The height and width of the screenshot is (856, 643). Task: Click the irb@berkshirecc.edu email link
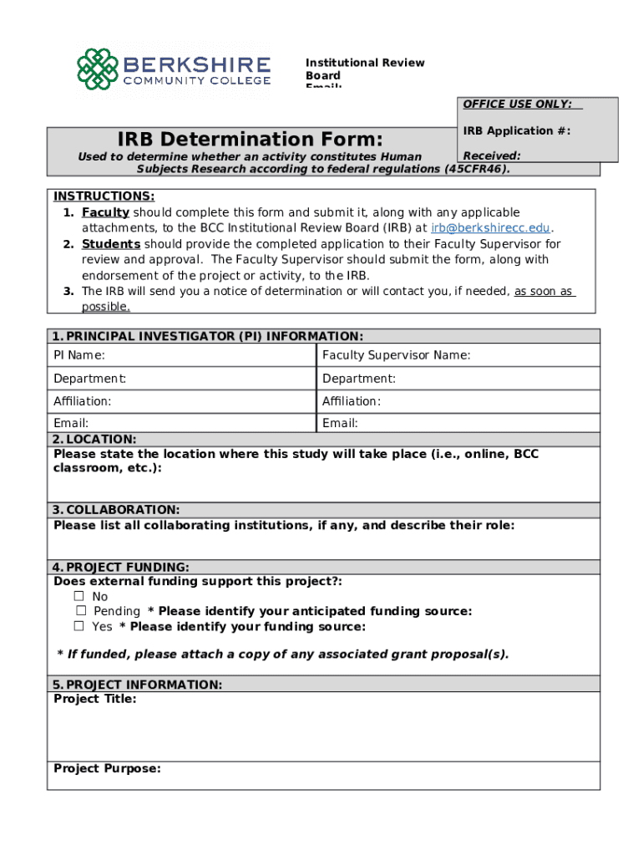(491, 227)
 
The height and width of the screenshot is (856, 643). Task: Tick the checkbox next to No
(79, 596)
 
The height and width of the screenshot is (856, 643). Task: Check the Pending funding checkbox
(81, 611)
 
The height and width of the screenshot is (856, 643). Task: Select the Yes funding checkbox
(79, 626)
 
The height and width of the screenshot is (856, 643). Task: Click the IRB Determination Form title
(250, 139)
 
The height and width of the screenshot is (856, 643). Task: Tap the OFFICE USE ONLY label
(518, 104)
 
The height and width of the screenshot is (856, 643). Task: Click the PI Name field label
(79, 355)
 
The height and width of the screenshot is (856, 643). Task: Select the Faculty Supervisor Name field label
(396, 355)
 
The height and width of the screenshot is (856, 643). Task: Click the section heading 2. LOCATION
(94, 439)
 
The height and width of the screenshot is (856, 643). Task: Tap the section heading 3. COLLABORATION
(116, 510)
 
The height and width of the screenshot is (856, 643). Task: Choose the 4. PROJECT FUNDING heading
(121, 567)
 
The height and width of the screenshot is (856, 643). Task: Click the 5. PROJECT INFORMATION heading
(138, 685)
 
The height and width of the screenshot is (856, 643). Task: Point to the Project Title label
(95, 699)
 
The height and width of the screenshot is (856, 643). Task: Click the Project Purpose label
(107, 769)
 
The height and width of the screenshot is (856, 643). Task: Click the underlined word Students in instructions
(111, 244)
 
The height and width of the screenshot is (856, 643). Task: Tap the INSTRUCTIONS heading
(104, 196)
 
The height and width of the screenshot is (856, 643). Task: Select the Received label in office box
(492, 155)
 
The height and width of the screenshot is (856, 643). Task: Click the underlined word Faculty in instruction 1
(105, 212)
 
